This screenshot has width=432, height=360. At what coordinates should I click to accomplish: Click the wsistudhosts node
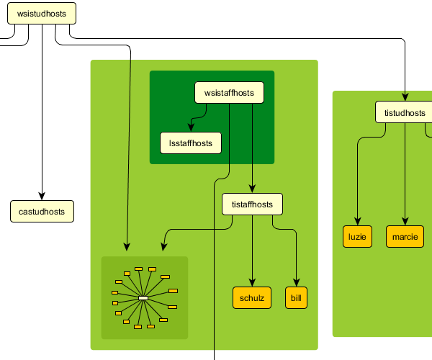(x=42, y=13)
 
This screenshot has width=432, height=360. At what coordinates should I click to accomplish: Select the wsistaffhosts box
(x=229, y=93)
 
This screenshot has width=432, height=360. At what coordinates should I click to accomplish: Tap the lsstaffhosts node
(x=191, y=143)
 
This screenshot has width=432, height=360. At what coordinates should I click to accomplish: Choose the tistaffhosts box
(x=252, y=204)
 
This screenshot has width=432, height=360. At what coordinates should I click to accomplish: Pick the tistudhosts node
(x=404, y=112)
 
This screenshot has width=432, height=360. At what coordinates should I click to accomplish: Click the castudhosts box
(x=42, y=212)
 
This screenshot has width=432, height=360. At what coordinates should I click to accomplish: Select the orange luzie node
(x=357, y=237)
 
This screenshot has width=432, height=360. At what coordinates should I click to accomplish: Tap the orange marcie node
(x=405, y=237)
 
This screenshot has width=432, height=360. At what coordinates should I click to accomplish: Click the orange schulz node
(x=252, y=298)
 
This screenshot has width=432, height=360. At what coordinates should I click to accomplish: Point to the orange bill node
(x=296, y=298)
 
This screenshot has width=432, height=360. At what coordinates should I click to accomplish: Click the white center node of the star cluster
(x=143, y=297)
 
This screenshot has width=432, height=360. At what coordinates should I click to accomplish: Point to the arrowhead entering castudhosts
(x=42, y=196)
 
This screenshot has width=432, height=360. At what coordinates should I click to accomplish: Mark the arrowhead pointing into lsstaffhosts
(x=191, y=128)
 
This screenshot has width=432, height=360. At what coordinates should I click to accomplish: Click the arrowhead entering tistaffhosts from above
(x=252, y=189)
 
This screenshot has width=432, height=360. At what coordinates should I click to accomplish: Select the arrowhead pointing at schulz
(x=252, y=283)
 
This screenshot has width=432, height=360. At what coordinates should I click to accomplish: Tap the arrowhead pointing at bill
(x=296, y=283)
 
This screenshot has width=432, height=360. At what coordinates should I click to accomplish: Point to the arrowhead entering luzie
(x=357, y=222)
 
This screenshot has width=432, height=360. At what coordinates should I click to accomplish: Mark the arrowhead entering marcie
(x=405, y=222)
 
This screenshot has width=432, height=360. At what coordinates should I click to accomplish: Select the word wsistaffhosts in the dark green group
(x=229, y=93)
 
